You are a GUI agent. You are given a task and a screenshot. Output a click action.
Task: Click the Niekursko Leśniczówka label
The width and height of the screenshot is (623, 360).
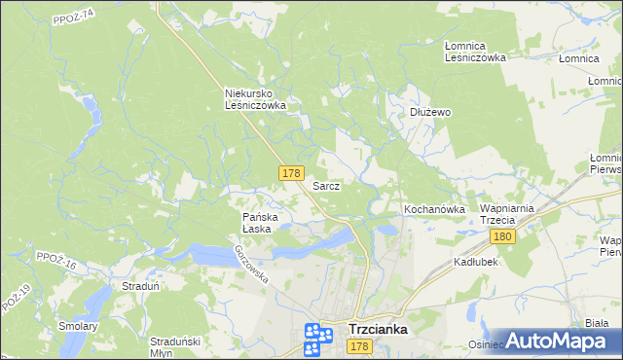coord(255,99)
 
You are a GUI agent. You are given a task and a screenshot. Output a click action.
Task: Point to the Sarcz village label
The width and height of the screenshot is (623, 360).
coord(326,185)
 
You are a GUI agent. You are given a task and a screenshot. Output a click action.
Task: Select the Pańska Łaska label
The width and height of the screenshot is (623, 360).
coord(261,223)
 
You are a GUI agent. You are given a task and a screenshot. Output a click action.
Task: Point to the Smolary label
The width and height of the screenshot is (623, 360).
coord(78,326)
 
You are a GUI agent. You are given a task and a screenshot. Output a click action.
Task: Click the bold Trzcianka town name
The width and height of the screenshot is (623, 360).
coord(378,330)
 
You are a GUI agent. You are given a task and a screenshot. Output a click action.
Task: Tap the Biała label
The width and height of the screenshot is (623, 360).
coord(598,323)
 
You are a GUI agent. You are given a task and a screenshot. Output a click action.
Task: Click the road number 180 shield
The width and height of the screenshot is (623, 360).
coord(502,237)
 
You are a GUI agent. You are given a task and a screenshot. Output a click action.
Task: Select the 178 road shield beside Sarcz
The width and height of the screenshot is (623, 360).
coord(290,173)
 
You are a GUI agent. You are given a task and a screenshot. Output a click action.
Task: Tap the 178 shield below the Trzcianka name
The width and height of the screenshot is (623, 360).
coord(359,347)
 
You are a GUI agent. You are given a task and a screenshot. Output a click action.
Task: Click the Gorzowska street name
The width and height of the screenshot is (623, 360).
coord(250,263)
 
